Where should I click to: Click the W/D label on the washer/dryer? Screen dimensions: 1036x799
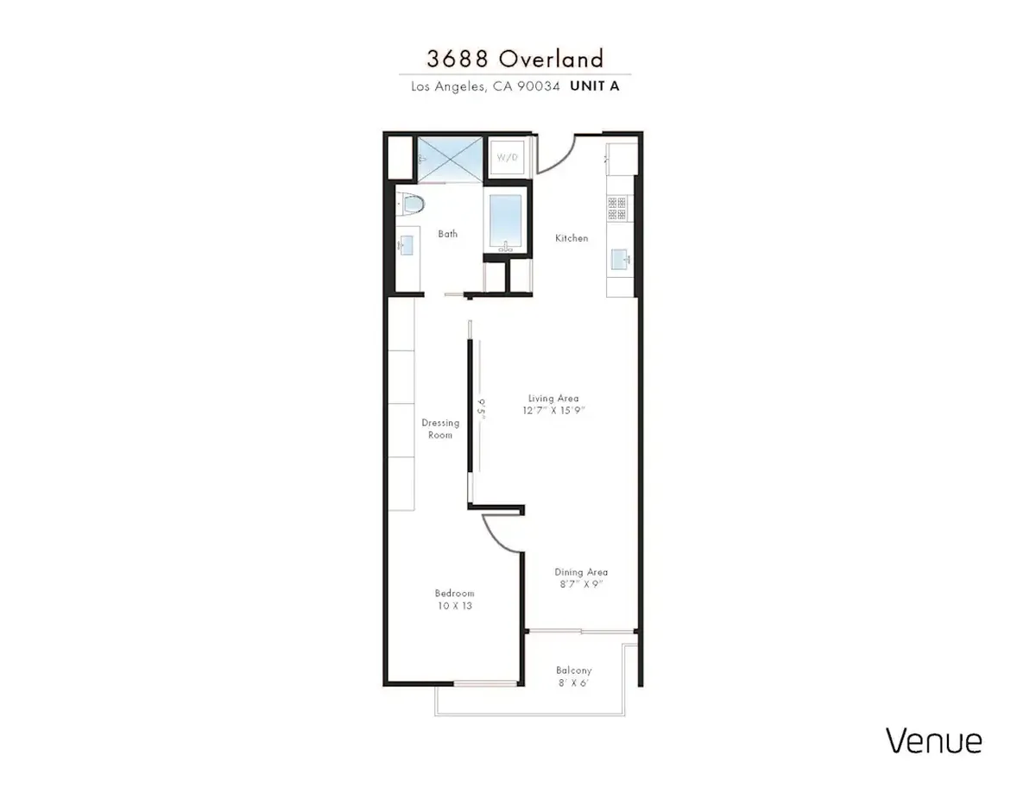click(507, 157)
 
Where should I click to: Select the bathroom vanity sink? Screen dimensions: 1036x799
click(406, 246)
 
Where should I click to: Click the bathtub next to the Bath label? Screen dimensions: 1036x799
click(505, 223)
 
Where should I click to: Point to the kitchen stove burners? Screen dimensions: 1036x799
click(617, 208)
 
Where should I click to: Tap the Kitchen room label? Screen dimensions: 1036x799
click(572, 238)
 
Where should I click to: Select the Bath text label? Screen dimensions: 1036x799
click(448, 234)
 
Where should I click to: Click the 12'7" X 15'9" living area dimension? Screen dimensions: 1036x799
click(553, 410)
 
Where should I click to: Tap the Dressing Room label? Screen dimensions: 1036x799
click(440, 428)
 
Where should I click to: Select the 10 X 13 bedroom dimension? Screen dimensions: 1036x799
click(455, 606)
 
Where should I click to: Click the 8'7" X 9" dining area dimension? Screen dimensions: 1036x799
click(581, 583)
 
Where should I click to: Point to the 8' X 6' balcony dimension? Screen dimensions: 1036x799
click(573, 683)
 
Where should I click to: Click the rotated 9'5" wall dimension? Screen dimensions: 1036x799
click(482, 409)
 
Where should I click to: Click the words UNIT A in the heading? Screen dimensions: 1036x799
click(595, 85)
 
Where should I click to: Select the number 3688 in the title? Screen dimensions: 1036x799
click(458, 59)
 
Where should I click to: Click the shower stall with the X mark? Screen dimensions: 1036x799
click(450, 159)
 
